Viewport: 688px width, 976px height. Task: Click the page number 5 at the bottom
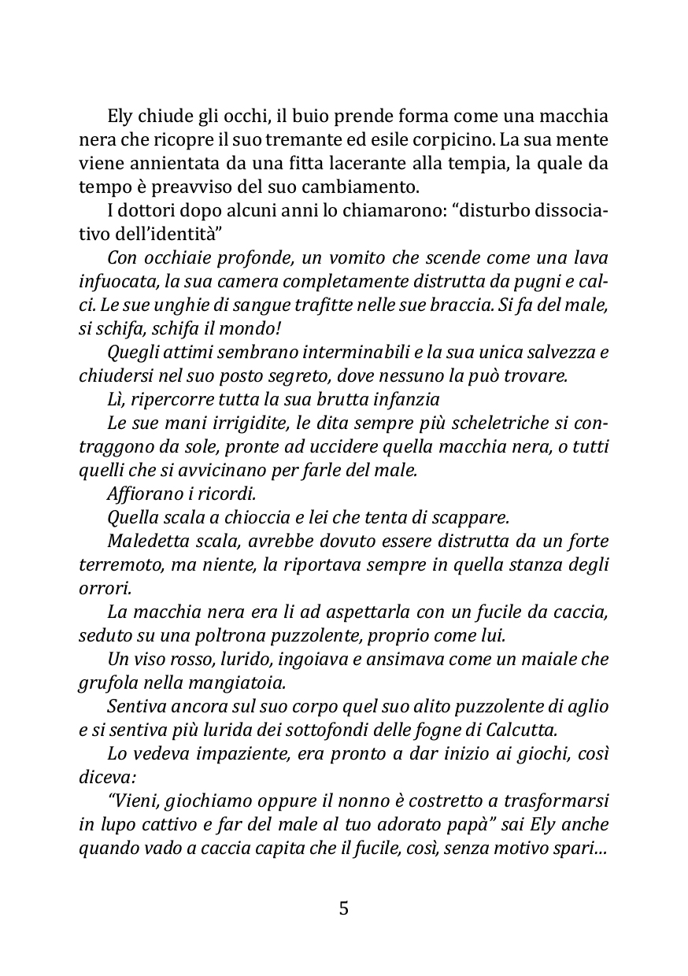coord(343,909)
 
